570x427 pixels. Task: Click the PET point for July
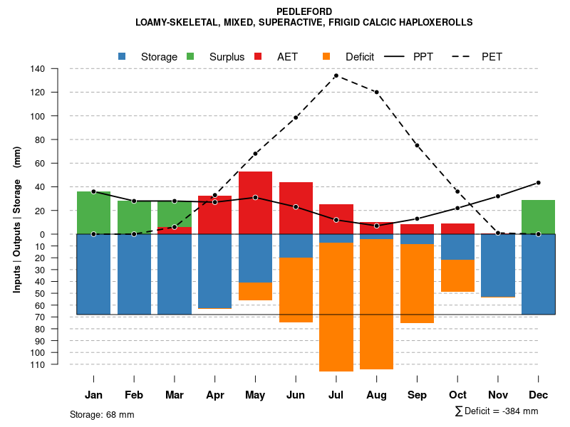point(336,75)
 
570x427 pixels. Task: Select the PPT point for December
point(538,183)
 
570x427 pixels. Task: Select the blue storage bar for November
point(497,265)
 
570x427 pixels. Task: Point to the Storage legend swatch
point(123,56)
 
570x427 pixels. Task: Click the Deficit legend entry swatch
point(327,56)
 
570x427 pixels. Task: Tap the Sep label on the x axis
point(417,395)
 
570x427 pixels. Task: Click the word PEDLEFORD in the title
point(304,11)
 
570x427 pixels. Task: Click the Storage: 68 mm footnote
point(102,414)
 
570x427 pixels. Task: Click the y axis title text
point(17,219)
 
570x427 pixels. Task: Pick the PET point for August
point(376,92)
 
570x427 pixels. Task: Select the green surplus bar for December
point(538,217)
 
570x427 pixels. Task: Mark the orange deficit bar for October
point(457,275)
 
